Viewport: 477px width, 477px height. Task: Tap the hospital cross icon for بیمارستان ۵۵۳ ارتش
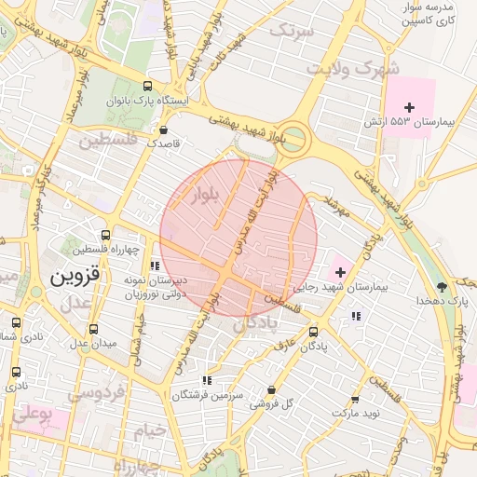pos(409,107)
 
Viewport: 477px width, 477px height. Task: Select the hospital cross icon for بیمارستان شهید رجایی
pos(340,273)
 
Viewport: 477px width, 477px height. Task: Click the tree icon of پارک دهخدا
pos(442,286)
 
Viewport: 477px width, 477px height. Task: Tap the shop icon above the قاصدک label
pos(164,130)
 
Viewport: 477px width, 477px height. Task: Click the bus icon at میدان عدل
pos(92,329)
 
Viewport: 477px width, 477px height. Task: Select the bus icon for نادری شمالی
pos(16,322)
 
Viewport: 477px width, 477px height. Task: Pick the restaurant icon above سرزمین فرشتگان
pos(206,380)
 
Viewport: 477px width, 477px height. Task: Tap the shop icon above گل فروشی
pos(271,389)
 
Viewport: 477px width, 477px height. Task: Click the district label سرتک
pos(292,30)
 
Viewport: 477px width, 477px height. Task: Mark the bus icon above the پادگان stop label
pos(312,331)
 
